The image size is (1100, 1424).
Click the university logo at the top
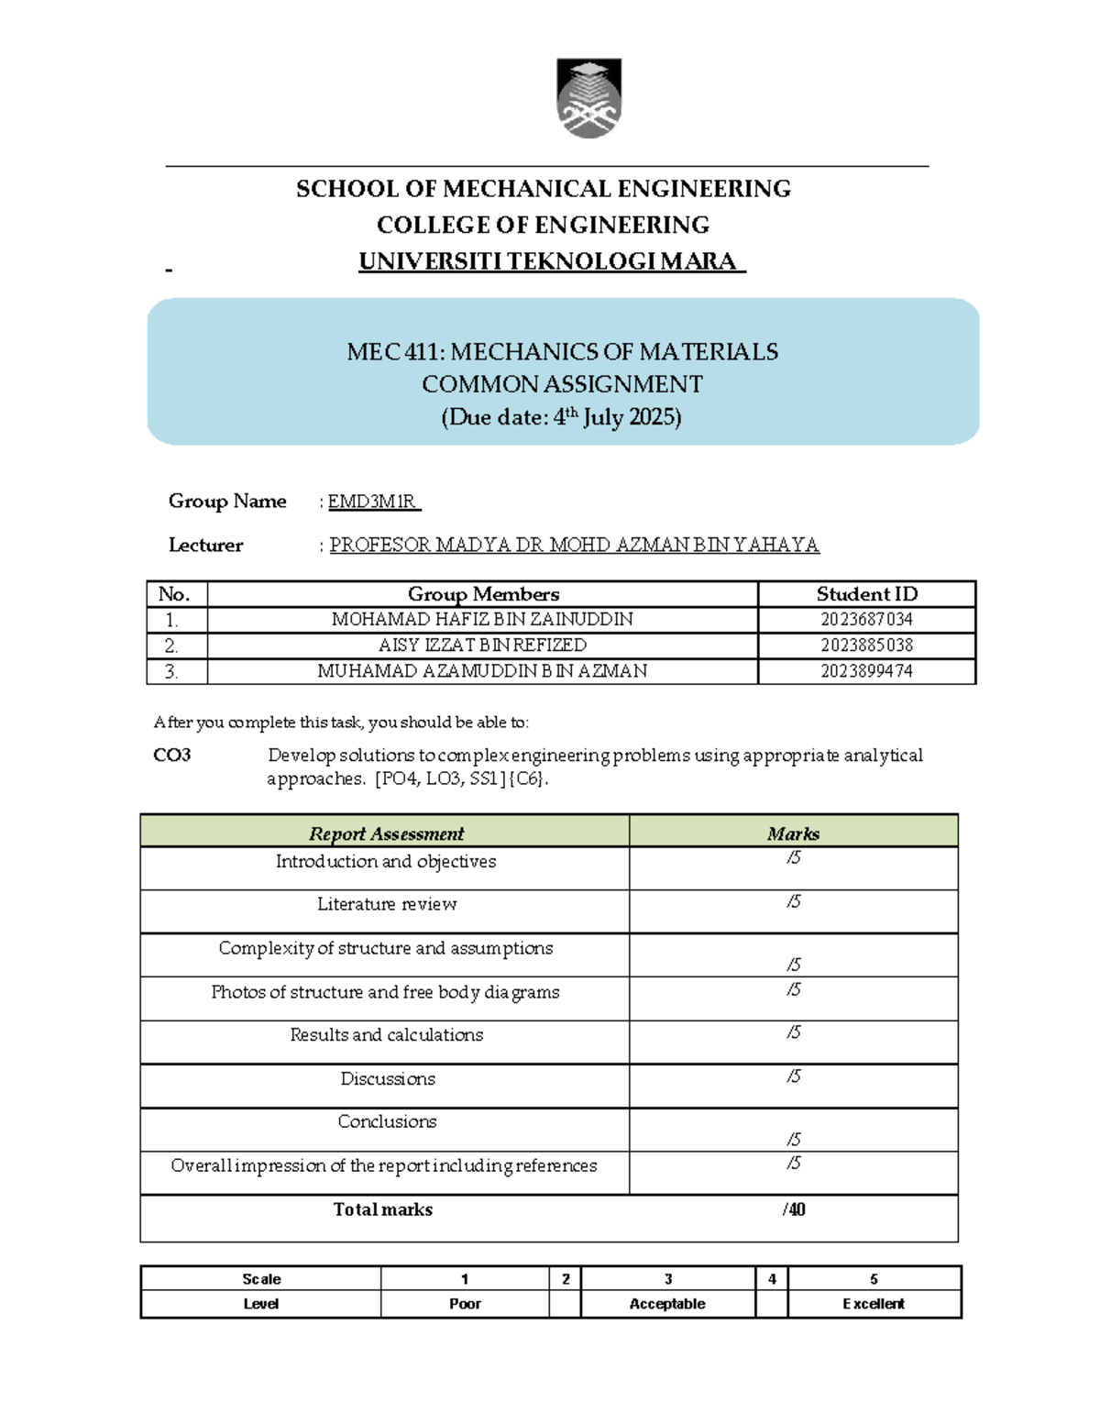(x=588, y=98)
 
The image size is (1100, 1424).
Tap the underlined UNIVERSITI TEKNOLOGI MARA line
(x=550, y=262)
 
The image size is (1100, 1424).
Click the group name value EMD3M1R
(x=372, y=502)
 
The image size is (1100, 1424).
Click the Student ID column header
(x=866, y=594)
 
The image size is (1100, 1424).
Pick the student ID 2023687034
(x=866, y=620)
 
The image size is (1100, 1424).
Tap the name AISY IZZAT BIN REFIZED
(x=482, y=646)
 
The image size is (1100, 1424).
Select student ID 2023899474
(x=866, y=671)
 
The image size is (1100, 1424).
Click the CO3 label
(x=172, y=756)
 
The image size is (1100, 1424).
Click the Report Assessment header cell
(x=386, y=833)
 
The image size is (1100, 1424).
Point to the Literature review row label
(x=387, y=904)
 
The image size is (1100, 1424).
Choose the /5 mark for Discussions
(x=794, y=1076)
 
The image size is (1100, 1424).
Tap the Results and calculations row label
(x=386, y=1035)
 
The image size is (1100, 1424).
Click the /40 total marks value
(x=794, y=1210)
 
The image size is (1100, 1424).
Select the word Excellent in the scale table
(x=873, y=1304)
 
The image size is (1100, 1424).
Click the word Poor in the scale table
(x=465, y=1304)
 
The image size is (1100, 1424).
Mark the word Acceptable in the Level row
(x=667, y=1304)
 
